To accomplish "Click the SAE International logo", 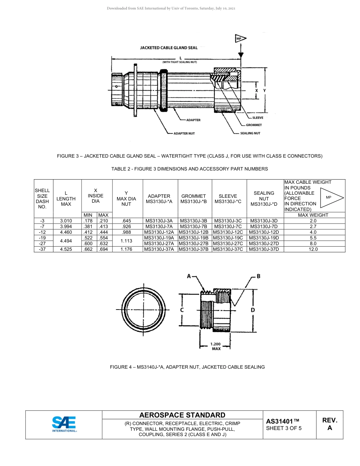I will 64,424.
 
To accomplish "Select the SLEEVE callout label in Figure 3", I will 258,118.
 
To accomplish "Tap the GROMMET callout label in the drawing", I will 254,125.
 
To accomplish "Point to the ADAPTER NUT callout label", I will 183,133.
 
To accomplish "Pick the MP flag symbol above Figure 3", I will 240,39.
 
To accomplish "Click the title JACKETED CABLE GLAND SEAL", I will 169,48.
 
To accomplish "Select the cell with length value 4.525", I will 66,249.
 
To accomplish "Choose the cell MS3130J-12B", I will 193,232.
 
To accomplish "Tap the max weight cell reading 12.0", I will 313,249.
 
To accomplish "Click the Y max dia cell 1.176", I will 126,249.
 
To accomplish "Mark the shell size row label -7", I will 42,227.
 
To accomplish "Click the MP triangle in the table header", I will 331,197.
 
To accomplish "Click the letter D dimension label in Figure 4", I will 253,310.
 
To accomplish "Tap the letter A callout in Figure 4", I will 189,277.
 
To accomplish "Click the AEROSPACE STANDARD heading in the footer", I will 182,415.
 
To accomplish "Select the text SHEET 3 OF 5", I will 284,428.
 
